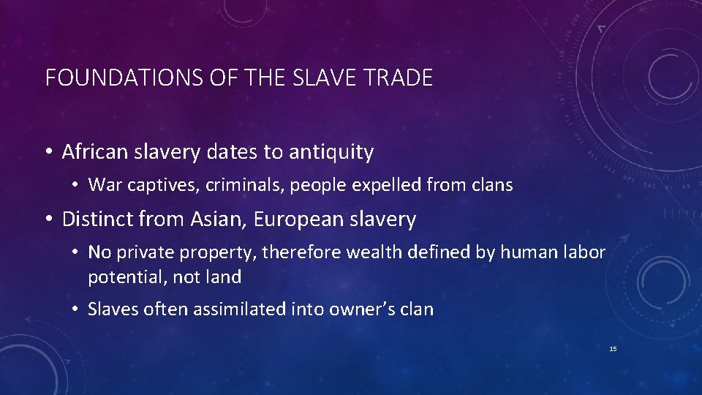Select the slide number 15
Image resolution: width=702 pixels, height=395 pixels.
tap(613, 349)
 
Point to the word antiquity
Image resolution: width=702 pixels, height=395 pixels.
tap(331, 152)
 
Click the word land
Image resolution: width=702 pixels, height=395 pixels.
tap(226, 277)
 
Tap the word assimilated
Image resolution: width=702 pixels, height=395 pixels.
tap(235, 309)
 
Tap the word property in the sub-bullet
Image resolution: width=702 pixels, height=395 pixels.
tap(221, 252)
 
